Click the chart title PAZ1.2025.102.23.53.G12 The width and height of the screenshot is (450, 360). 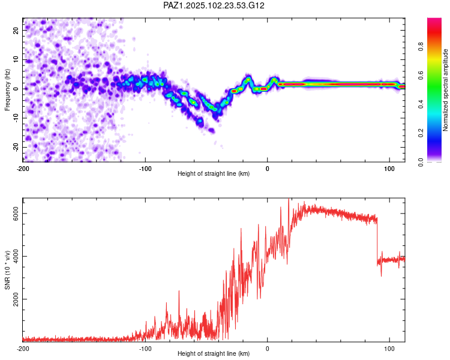coord(214,5)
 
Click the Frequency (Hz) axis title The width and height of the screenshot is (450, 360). coord(7,90)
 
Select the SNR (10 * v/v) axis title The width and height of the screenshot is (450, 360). coord(7,270)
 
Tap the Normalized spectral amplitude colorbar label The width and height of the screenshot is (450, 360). coord(445,90)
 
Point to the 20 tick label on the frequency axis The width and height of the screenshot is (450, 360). coord(16,30)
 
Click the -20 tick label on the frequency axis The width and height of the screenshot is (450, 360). coord(16,148)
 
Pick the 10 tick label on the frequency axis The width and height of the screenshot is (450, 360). coord(16,59)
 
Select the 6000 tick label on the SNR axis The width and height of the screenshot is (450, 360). coord(16,214)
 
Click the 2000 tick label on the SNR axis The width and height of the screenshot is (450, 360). coord(16,299)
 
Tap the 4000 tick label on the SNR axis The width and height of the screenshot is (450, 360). coord(16,256)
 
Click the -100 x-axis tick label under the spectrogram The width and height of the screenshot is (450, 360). coord(145,169)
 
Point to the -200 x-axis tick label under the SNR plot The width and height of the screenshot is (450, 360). coord(23,349)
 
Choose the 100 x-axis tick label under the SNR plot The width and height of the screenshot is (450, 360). coord(389,349)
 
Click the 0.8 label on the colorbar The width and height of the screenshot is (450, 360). coord(421,47)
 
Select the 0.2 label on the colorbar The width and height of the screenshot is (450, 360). coord(421,133)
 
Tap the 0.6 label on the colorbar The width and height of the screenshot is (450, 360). coord(421,76)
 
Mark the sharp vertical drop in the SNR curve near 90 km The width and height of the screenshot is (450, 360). coord(377,241)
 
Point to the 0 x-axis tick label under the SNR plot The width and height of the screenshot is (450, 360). coord(268,349)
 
